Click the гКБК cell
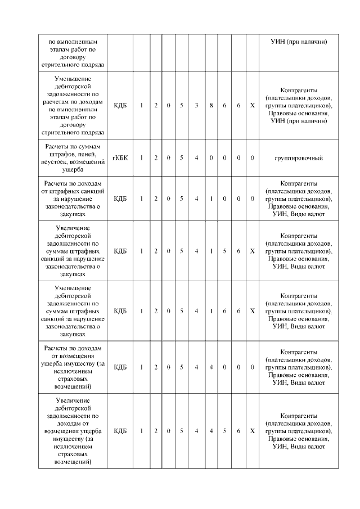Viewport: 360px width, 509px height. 120,158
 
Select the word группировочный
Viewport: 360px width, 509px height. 299,158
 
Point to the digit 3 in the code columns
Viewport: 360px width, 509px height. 196,106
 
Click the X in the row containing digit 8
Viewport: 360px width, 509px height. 252,106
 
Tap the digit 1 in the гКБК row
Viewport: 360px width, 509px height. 141,158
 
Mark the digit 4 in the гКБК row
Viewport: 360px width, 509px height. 196,158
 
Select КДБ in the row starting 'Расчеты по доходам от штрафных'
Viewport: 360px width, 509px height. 120,199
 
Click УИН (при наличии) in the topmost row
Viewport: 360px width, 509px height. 299,42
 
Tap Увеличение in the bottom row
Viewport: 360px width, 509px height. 73,399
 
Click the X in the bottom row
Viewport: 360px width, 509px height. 252,431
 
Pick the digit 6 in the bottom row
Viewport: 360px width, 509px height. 238,431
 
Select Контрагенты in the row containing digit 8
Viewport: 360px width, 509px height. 299,91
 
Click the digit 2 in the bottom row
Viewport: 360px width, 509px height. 156,431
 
